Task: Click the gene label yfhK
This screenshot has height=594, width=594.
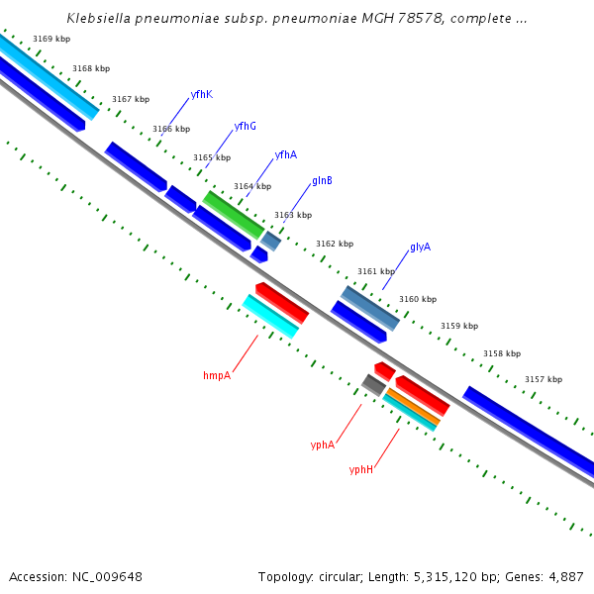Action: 201,94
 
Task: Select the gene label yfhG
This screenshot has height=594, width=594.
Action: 245,126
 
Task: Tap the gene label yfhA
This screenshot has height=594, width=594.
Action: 285,154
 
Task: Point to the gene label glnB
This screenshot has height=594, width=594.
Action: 322,181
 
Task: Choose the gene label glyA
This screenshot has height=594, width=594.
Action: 420,247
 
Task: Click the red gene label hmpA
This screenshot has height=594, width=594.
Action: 217,375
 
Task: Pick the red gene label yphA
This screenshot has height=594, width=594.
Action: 323,445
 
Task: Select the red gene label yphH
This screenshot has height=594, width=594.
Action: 361,469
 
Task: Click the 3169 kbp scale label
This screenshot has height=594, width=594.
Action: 50,39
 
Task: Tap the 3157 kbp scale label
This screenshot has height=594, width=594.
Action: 543,379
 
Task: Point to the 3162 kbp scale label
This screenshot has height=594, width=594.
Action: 334,244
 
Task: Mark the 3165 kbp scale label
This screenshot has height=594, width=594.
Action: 211,157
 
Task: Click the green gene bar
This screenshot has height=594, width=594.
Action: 234,214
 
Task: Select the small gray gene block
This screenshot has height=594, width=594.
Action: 373,384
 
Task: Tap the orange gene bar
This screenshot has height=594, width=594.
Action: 412,406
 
